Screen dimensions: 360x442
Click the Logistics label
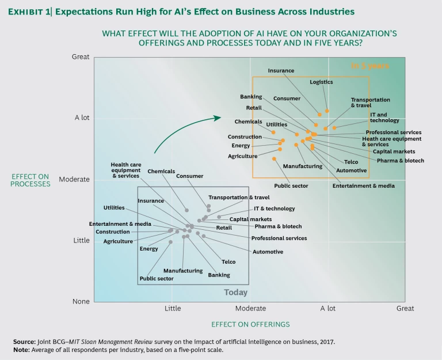321,82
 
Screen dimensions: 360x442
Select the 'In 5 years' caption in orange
370,66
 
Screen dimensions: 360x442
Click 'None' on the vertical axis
81,301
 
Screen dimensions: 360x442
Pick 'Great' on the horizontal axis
405,309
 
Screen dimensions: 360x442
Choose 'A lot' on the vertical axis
82,118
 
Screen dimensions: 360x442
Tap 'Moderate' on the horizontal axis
250,309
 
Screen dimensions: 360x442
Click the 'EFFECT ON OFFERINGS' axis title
250,324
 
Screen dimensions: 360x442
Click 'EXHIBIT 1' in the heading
35,11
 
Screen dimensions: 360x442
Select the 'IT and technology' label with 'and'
384,118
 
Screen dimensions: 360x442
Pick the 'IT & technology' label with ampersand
274,209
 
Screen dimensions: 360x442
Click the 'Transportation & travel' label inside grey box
239,197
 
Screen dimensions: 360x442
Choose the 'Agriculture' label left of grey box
118,241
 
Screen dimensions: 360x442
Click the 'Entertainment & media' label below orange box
363,185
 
